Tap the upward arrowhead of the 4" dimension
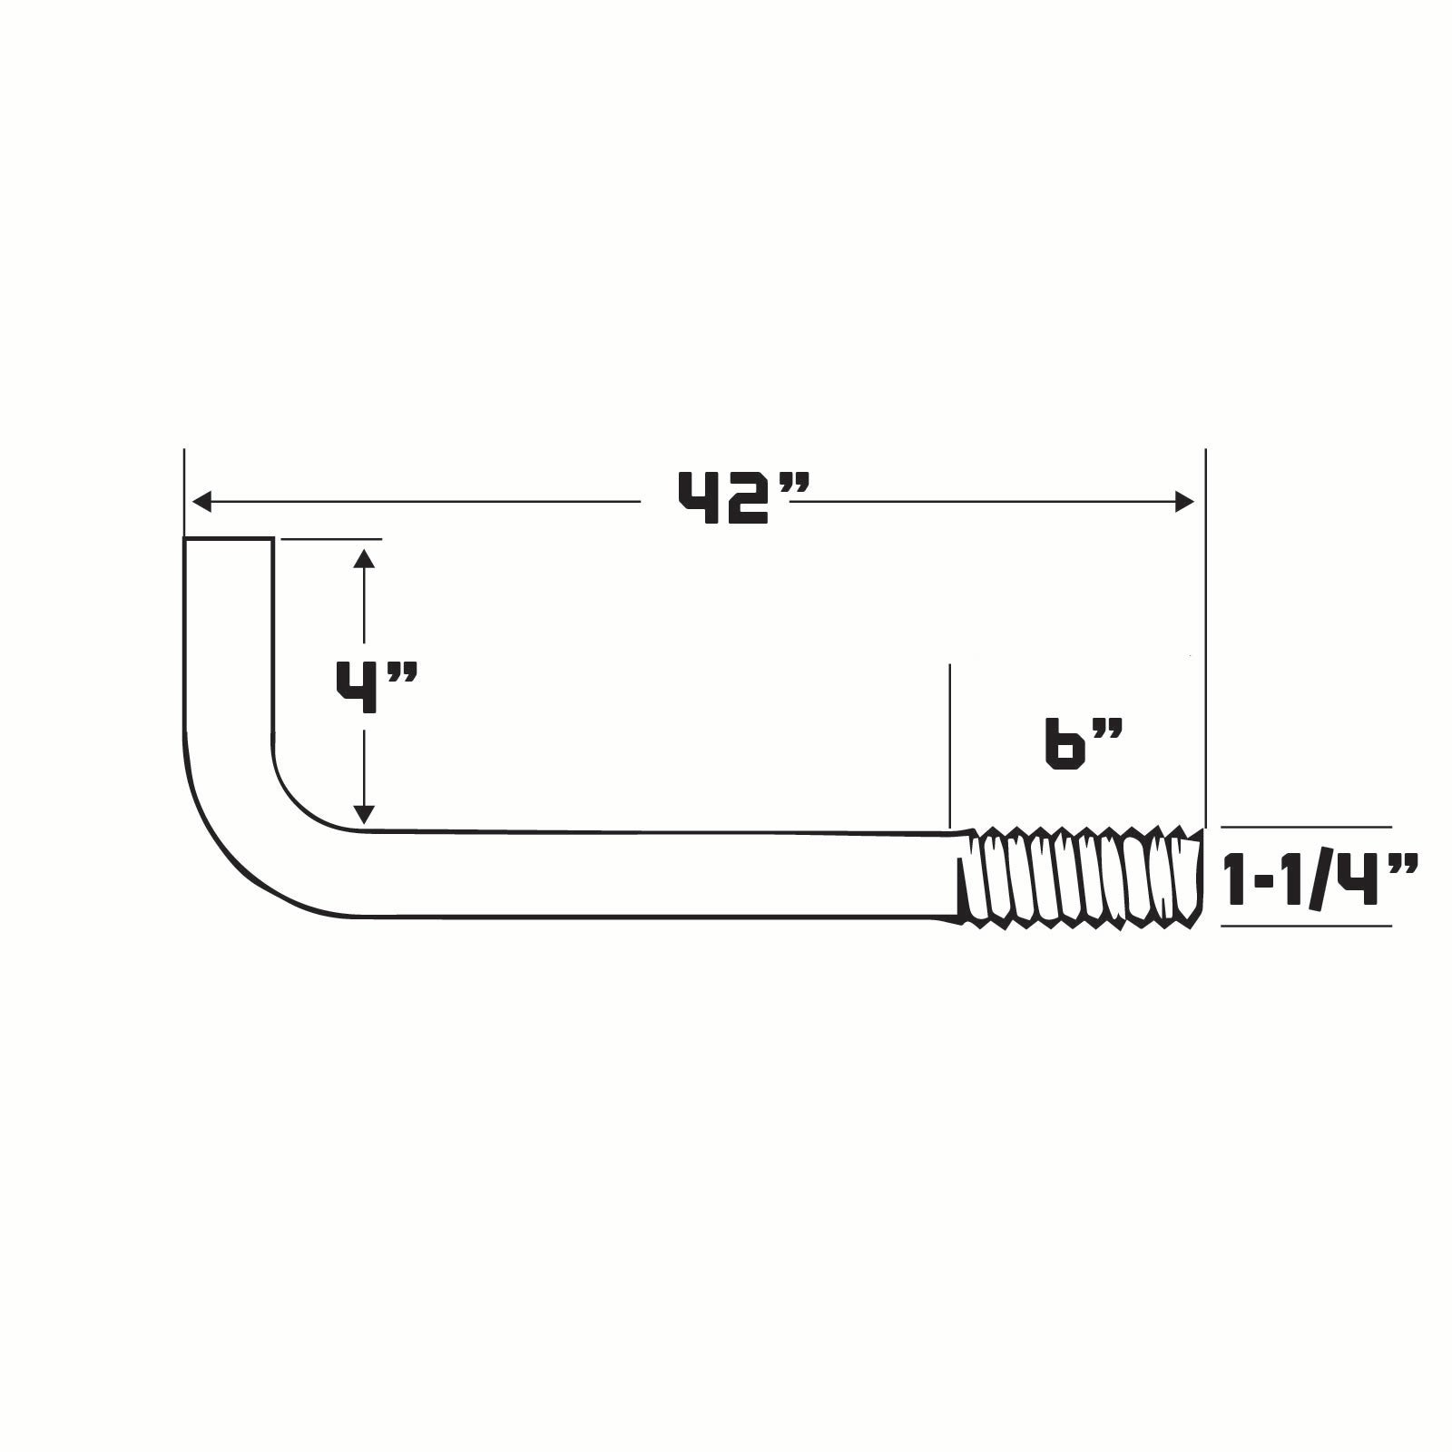[364, 557]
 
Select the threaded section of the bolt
[1080, 877]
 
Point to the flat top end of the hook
[229, 539]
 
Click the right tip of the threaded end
[1202, 877]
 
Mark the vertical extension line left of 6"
[949, 744]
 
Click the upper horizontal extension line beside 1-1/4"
[1307, 828]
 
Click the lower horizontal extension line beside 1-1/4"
[1307, 926]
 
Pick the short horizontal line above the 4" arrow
[331, 539]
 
